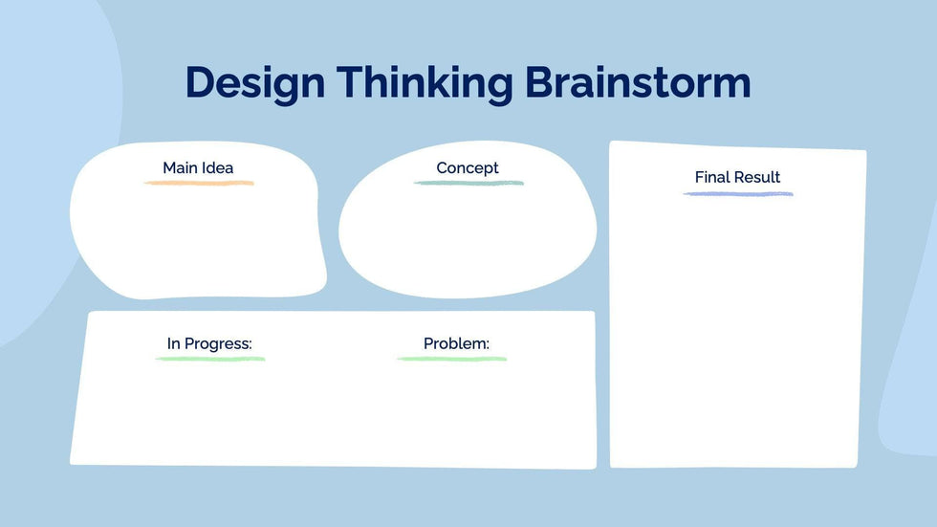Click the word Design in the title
point(255,83)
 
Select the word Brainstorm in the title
point(638,82)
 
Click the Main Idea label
point(198,168)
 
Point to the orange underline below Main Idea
point(199,183)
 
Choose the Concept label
point(468,168)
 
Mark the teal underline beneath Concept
point(469,183)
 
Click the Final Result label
point(737,177)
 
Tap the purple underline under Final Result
point(738,193)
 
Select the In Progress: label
point(209,344)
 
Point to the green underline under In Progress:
point(210,359)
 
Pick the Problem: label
point(457,343)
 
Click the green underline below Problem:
point(452,359)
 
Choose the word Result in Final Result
point(758,177)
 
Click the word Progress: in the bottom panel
point(218,344)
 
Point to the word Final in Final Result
point(713,177)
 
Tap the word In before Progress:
point(173,343)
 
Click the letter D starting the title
point(199,82)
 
